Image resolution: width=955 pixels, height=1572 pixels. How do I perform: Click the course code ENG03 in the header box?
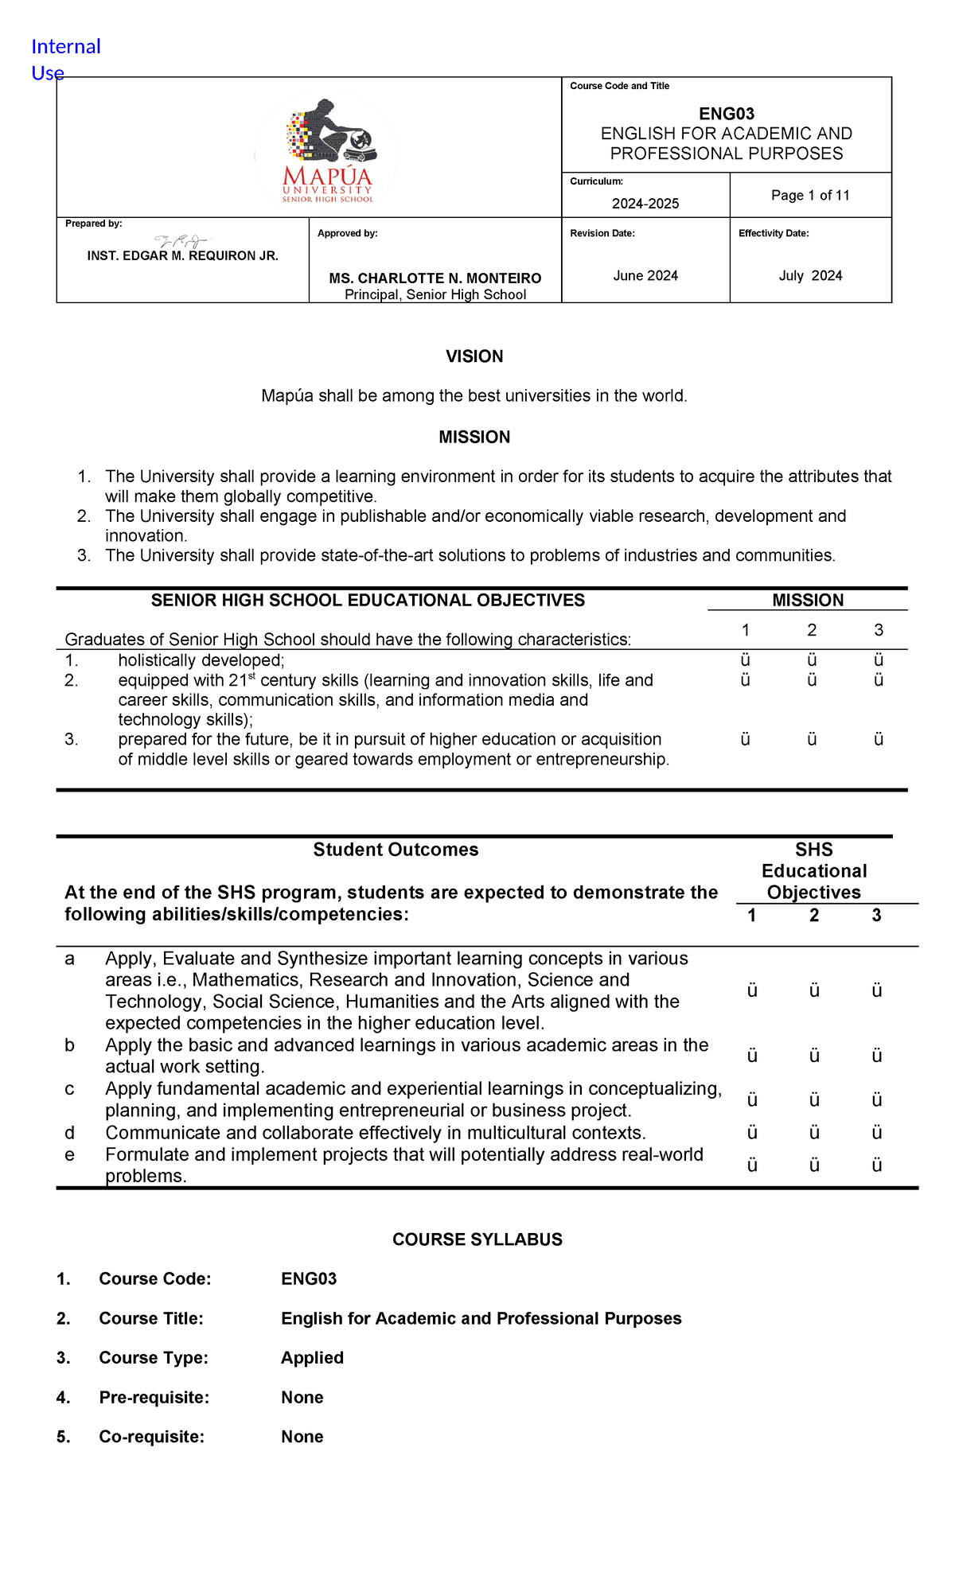726,114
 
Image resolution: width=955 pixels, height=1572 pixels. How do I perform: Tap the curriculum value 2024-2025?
645,204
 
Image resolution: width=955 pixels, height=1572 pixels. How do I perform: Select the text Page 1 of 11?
810,196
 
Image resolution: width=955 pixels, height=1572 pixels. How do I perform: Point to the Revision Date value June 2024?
645,276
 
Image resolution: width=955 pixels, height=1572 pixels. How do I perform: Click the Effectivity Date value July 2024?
810,276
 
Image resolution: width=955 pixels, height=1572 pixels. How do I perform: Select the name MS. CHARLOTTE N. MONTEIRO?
435,278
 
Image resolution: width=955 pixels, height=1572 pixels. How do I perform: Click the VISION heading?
474,356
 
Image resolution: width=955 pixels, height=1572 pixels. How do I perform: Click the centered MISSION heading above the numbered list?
474,438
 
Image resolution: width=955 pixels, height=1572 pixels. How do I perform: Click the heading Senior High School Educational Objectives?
368,601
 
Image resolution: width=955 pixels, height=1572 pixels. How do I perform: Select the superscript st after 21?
251,676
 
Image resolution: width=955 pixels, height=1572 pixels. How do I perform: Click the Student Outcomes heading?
396,850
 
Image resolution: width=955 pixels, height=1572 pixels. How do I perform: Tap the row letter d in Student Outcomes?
70,1133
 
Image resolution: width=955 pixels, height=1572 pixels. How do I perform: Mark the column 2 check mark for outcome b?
814,1056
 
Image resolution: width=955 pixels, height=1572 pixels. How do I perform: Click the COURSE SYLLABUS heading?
477,1239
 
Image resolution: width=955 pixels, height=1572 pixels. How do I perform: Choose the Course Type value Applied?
312,1358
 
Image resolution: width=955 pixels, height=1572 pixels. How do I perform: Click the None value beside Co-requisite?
302,1437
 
